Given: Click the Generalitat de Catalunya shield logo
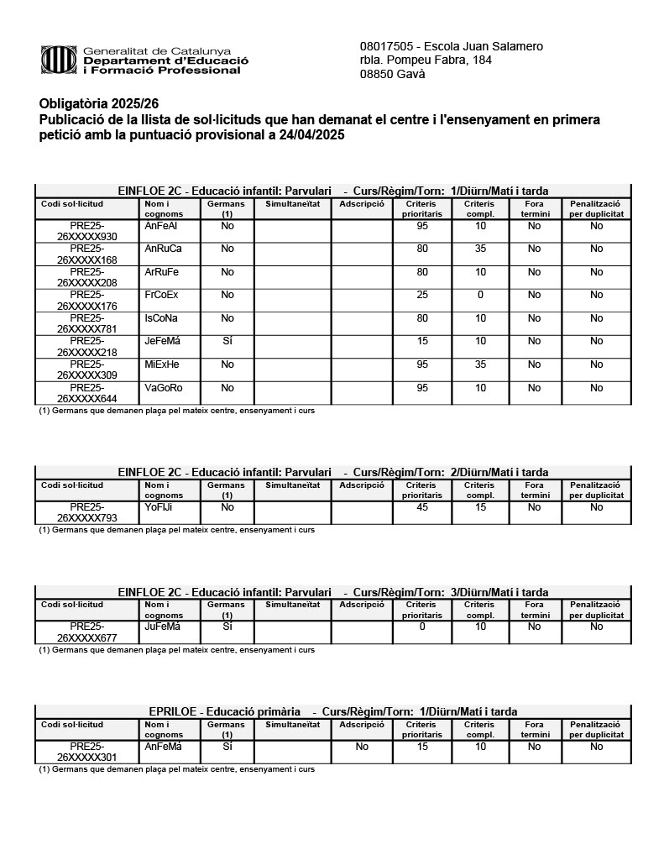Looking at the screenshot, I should pyautogui.click(x=60, y=60).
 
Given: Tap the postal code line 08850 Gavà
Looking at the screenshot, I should pyautogui.click(x=392, y=74).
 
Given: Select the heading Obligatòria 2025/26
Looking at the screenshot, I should pyautogui.click(x=99, y=104).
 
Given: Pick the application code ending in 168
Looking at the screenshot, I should pyautogui.click(x=87, y=254).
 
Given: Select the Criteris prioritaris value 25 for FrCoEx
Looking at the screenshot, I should pyautogui.click(x=422, y=295).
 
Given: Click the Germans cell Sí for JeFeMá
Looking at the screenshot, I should pyautogui.click(x=227, y=341).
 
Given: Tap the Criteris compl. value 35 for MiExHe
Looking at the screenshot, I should pyautogui.click(x=480, y=364).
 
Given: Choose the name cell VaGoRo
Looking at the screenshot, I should pyautogui.click(x=163, y=388).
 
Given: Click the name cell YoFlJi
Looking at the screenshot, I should pyautogui.click(x=159, y=507).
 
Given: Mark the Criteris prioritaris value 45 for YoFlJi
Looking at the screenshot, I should pyautogui.click(x=422, y=507).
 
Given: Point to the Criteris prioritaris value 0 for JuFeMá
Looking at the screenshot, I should pyautogui.click(x=422, y=627).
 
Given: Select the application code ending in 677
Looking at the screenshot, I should pyautogui.click(x=87, y=632).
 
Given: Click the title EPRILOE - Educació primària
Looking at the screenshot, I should pyautogui.click(x=225, y=711).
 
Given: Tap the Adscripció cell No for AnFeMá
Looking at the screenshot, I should pyautogui.click(x=362, y=746).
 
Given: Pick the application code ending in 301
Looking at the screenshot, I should pyautogui.click(x=87, y=752).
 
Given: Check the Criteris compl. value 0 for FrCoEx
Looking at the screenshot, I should pyautogui.click(x=480, y=295).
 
